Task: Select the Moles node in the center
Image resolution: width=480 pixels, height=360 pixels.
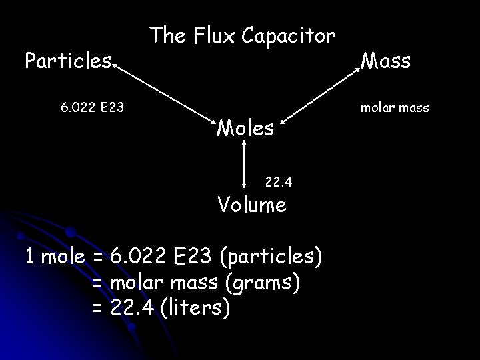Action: click(246, 127)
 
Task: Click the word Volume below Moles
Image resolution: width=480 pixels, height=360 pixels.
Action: click(253, 204)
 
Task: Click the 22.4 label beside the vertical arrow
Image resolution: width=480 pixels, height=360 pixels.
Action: click(279, 181)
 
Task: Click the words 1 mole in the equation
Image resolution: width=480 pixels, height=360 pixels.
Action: click(54, 256)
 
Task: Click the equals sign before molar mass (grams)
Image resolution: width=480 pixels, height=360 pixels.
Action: click(97, 283)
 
